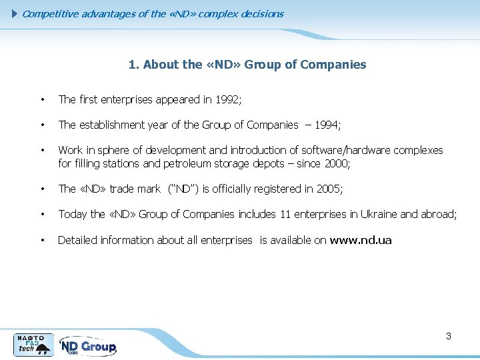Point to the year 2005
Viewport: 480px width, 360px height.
click(328, 189)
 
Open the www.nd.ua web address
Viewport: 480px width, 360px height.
click(361, 240)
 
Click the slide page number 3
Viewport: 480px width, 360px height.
click(449, 336)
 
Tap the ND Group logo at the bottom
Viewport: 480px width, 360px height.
click(87, 346)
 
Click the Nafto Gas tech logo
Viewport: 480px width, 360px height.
click(33, 344)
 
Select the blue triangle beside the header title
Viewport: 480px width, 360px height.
click(17, 13)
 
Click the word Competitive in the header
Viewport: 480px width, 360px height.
click(51, 13)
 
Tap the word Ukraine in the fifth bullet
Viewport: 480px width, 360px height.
click(378, 214)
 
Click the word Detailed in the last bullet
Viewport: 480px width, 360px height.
click(77, 240)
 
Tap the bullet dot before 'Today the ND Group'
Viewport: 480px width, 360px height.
click(42, 215)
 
